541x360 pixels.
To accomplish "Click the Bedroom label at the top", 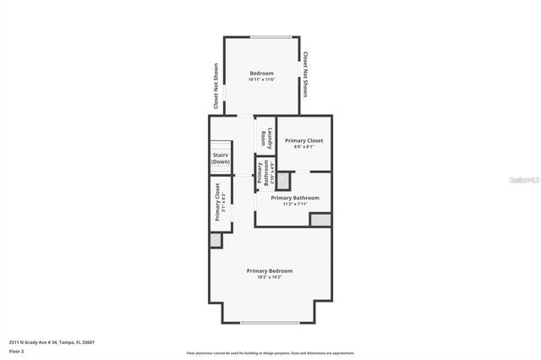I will click(x=261, y=74).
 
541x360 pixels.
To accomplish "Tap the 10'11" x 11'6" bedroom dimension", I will click(x=261, y=79).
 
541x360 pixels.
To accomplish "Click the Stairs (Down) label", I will click(x=221, y=158).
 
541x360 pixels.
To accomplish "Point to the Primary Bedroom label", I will click(x=270, y=270).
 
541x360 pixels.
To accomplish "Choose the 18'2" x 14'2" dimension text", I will click(x=270, y=276).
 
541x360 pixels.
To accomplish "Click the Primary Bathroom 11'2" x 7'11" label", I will click(x=295, y=200).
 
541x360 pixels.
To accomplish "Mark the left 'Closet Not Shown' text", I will click(x=216, y=87).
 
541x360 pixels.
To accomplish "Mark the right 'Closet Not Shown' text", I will click(x=306, y=74).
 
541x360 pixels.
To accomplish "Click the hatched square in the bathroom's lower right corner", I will click(x=320, y=220).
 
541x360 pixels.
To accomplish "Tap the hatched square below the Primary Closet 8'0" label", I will click(x=283, y=181).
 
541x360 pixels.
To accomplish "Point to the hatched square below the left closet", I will click(x=216, y=240).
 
